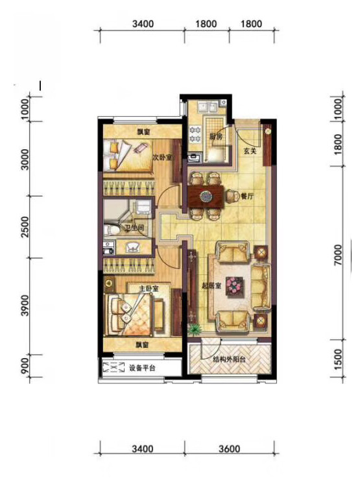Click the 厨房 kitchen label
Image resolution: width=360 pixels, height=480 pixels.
pos(215,136)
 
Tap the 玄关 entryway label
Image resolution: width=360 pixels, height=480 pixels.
pos(250,151)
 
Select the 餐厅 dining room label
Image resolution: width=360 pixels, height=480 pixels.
pos(247,197)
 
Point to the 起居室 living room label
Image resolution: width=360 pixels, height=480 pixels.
pos(211,286)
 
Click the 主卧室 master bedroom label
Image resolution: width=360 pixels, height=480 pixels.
pos(149,289)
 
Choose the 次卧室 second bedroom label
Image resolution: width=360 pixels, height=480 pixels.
pos(162,158)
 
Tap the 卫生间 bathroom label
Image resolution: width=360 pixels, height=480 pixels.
pos(134,228)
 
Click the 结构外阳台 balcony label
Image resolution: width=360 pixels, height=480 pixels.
pos(229,359)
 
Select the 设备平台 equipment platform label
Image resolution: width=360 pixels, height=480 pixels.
pos(142,368)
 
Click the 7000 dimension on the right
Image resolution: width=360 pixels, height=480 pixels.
pos(338,255)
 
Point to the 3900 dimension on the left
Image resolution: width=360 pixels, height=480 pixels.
pos(26,306)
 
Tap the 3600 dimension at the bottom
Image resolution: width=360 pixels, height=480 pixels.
pos(229,449)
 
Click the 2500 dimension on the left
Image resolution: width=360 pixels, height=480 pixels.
pos(26,227)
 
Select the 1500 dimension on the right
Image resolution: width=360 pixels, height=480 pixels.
pos(338,359)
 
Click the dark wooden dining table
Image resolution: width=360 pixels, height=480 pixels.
pos(206,197)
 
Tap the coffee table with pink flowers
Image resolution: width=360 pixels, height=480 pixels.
pos(235,286)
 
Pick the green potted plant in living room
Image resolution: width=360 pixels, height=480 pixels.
pos(194,329)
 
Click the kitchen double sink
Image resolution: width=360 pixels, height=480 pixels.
pos(208,108)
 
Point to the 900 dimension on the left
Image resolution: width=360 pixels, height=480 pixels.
pos(26,366)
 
